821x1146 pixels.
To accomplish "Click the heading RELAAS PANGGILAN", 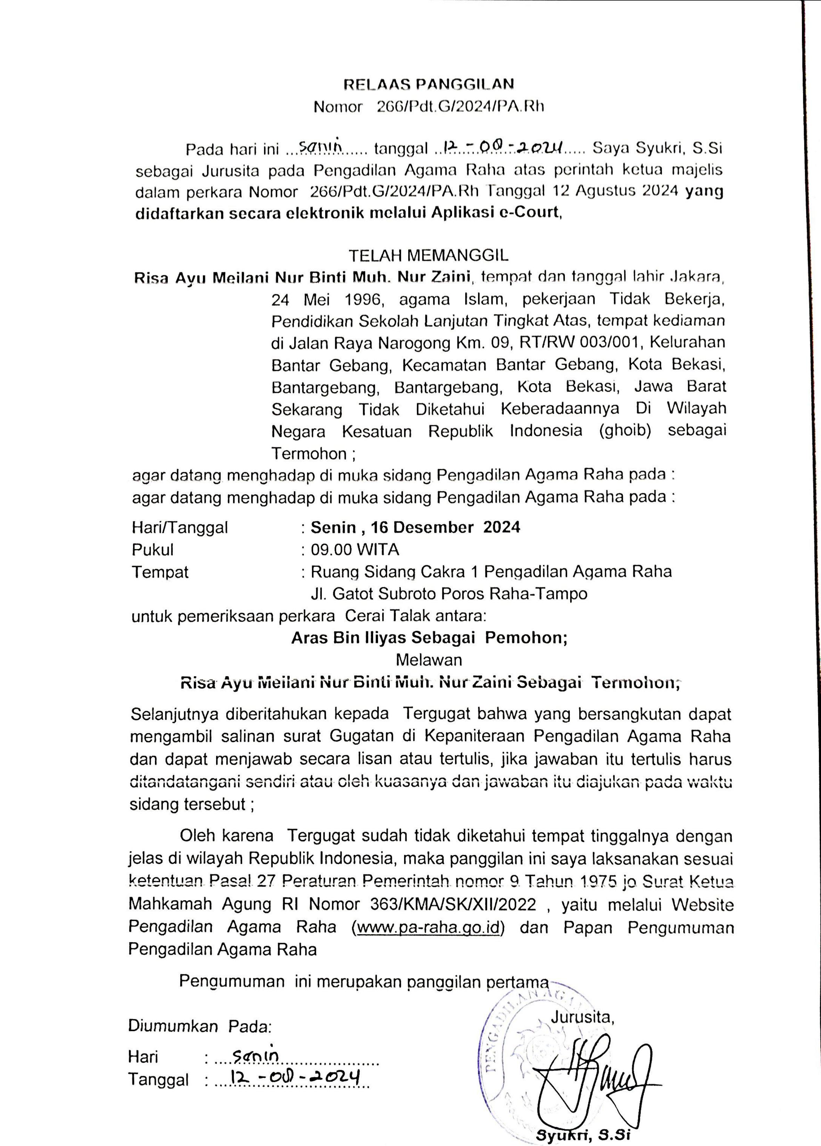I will (x=429, y=84).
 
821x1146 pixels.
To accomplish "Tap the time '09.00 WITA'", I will (x=354, y=550).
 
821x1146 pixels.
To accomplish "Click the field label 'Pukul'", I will (x=153, y=550).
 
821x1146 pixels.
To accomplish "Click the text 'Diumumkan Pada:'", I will (x=200, y=1026).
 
